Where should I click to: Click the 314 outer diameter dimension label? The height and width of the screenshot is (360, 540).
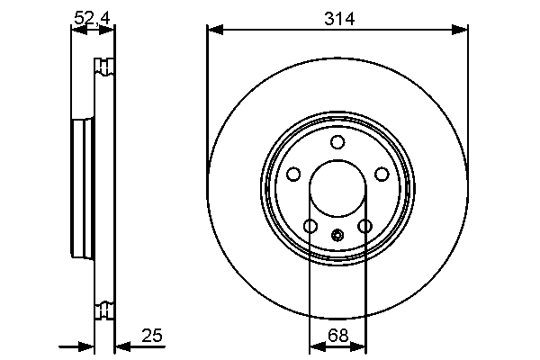click(339, 18)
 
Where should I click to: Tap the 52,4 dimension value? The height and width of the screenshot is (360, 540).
click(92, 18)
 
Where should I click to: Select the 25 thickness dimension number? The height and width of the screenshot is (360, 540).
click(152, 335)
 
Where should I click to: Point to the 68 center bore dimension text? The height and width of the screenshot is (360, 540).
click(337, 335)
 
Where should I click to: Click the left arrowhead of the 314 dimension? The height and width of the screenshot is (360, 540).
click(215, 30)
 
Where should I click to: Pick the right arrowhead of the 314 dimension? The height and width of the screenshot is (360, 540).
click(459, 30)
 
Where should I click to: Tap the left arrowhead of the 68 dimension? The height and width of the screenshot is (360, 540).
click(318, 346)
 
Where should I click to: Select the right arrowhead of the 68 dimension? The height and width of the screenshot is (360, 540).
click(358, 346)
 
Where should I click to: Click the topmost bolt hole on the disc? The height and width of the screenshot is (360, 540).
click(337, 142)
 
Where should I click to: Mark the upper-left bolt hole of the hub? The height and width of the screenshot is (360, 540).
click(293, 174)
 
